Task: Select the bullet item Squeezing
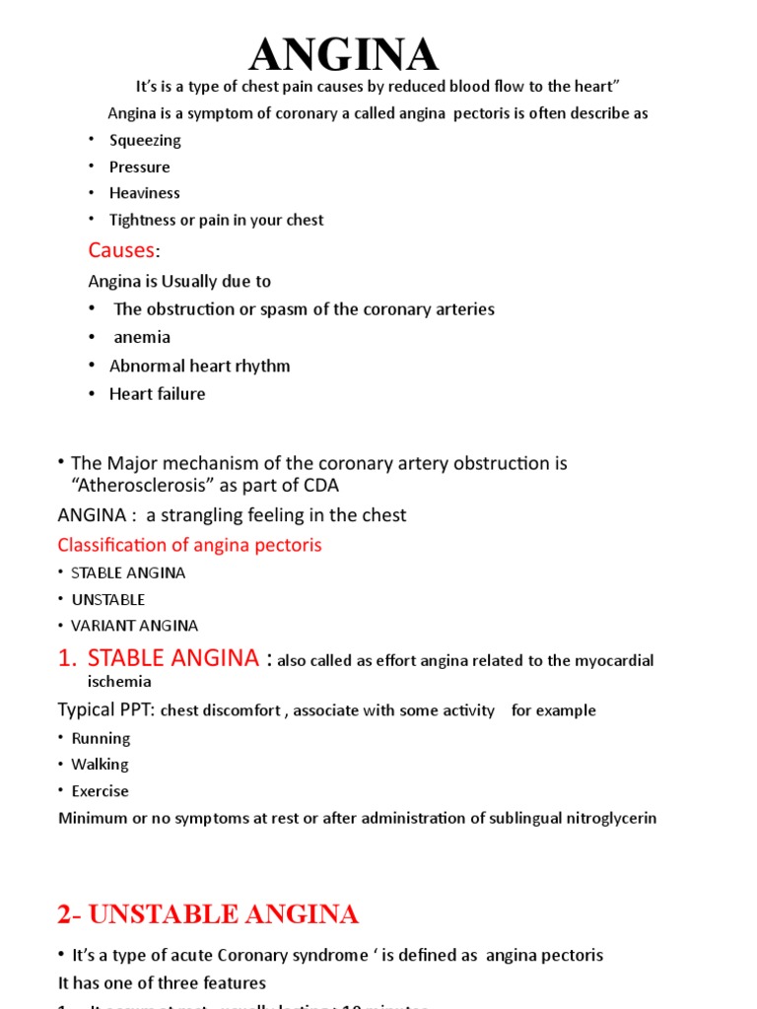[x=145, y=140]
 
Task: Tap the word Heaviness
[x=145, y=193]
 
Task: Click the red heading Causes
[x=122, y=249]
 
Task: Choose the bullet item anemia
[x=142, y=337]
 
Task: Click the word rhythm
[x=263, y=366]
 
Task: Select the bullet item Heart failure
[x=158, y=394]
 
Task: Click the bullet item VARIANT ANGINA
[x=134, y=626]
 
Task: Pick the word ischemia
[x=119, y=681]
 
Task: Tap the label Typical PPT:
[x=106, y=710]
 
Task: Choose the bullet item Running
[x=101, y=738]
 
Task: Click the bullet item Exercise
[x=100, y=791]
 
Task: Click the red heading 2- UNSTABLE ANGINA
[x=208, y=914]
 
